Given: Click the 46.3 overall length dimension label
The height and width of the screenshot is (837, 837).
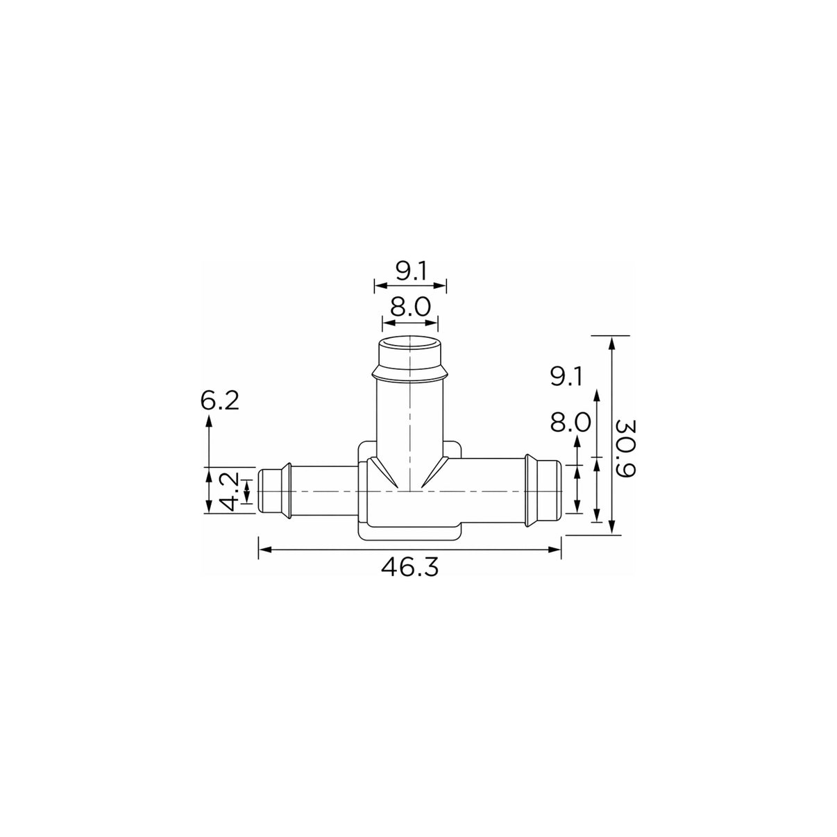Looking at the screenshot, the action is pos(409,567).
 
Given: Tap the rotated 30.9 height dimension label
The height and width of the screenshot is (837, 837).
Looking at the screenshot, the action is pos(626,448).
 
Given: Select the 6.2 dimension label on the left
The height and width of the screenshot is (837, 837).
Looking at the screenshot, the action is pos(220,400).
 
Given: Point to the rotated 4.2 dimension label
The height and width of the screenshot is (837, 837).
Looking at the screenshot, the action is pos(229,491).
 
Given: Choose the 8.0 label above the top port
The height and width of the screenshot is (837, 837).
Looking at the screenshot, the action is pos(410,307).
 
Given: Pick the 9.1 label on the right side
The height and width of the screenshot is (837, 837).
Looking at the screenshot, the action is pos(566,377).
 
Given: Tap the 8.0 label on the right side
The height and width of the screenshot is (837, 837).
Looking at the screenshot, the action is pos(570,422).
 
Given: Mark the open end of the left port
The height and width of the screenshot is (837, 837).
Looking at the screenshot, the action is pos(262,491).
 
